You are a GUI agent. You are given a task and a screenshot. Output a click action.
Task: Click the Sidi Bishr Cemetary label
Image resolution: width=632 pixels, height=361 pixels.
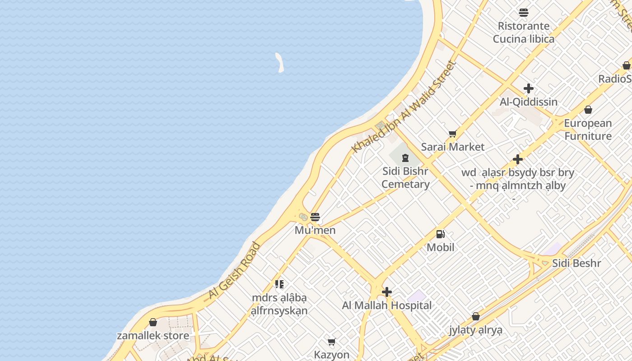coord(405,177)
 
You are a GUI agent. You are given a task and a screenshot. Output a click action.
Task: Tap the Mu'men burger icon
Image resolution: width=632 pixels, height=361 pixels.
coord(315,217)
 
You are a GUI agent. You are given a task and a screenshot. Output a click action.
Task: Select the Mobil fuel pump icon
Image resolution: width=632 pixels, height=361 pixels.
coord(440,234)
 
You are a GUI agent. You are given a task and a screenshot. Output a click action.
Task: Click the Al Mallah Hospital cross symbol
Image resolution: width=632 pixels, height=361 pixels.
coord(387,292)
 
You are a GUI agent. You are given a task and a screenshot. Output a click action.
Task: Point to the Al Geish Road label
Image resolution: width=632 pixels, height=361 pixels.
coord(234,271)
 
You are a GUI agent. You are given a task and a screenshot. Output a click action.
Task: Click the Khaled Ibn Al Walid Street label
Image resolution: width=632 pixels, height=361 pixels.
coord(404,106)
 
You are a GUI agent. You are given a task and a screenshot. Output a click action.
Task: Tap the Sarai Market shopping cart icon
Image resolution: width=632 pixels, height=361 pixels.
coord(452,134)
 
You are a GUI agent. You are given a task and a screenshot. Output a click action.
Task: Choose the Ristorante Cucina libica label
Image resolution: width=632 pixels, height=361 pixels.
coord(524,32)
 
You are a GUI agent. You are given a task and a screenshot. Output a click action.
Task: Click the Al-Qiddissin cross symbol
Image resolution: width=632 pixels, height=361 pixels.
coord(529,88)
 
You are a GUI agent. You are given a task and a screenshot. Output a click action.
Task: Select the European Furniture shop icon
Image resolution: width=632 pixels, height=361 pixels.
coord(588,110)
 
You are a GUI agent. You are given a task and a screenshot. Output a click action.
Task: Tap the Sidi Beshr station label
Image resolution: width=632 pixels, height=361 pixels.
coord(576,263)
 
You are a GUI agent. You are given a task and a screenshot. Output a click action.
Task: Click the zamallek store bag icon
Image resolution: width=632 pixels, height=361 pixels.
coord(153,322)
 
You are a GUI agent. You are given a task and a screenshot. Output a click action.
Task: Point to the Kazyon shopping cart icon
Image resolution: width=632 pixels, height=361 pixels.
coord(332,342)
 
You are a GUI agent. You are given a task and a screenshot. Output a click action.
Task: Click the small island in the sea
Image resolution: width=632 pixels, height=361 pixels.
coord(279,62)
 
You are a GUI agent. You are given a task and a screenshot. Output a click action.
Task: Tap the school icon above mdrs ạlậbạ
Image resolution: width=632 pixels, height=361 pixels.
coord(279,284)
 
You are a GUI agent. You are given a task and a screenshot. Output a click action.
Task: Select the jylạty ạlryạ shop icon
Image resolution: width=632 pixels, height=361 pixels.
coord(476,316)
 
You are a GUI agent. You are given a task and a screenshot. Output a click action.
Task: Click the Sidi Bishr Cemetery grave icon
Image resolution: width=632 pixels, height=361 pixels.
coord(405,158)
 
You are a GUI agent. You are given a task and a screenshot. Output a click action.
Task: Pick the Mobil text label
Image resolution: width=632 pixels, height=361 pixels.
coord(441,247)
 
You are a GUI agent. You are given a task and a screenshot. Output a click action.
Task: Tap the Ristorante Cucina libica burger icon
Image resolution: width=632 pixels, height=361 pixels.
coord(524,13)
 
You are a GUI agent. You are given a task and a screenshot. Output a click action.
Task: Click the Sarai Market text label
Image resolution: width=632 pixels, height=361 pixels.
coord(453,147)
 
